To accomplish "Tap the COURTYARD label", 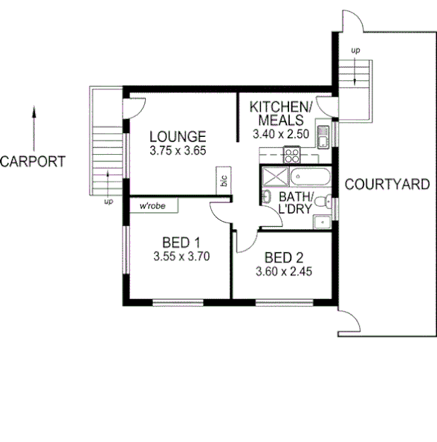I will coord(387,184).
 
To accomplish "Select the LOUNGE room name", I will coord(177,137).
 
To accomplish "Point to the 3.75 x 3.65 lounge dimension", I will coord(177,150).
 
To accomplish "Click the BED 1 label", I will coord(181,243).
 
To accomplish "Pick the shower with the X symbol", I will coord(273,178).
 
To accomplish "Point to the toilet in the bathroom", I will coord(266,197).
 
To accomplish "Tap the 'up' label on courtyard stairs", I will coord(355,50).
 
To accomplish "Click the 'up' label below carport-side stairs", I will coord(109,201).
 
